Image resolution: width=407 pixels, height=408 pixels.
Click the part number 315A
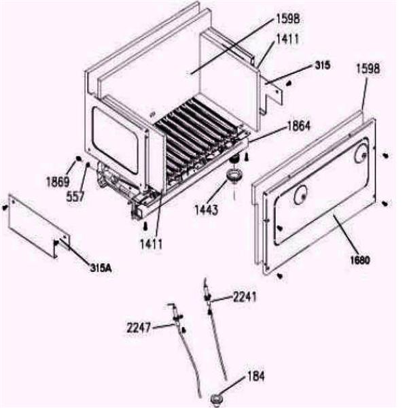[101, 267]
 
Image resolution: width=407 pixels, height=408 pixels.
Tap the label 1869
[57, 182]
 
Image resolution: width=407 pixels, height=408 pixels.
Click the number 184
[256, 375]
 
